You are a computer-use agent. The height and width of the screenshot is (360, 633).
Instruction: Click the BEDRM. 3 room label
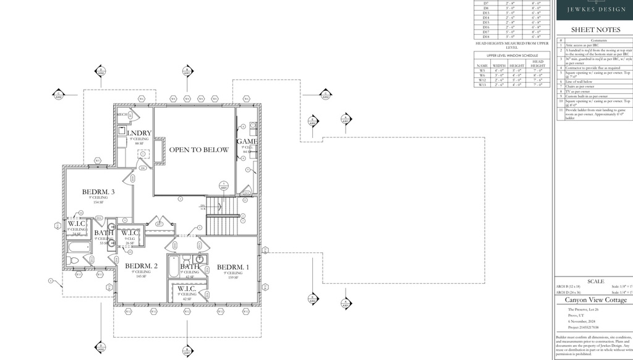(x=98, y=192)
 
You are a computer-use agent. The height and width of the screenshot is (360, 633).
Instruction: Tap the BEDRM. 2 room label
(x=141, y=266)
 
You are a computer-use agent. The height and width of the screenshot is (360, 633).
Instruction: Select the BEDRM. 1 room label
(x=233, y=267)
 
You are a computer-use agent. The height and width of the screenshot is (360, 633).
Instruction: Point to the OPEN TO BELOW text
(x=199, y=150)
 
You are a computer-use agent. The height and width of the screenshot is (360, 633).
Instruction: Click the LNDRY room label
(x=139, y=133)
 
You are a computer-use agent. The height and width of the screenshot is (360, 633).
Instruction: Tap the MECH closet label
(x=122, y=114)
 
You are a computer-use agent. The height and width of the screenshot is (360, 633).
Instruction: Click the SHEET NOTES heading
(x=595, y=30)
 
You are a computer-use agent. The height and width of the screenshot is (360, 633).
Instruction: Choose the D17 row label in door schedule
(x=486, y=32)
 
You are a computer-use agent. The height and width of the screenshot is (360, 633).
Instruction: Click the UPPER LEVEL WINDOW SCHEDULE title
(x=512, y=56)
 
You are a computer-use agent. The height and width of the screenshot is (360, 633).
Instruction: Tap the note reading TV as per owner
(x=579, y=92)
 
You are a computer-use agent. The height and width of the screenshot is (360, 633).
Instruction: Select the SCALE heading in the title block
(x=596, y=281)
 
